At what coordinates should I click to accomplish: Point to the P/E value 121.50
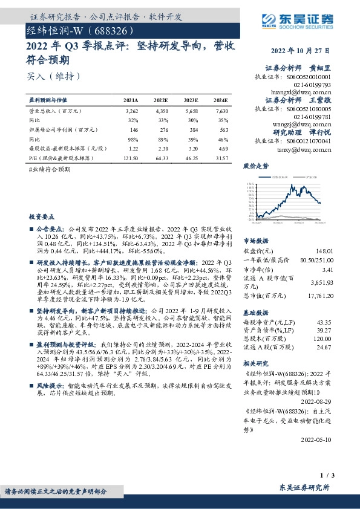point(131,157)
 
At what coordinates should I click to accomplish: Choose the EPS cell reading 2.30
point(161,148)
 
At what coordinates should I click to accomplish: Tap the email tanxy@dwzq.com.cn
point(312,148)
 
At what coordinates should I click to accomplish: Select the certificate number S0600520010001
point(310,77)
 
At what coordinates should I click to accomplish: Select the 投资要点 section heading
point(42,216)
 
